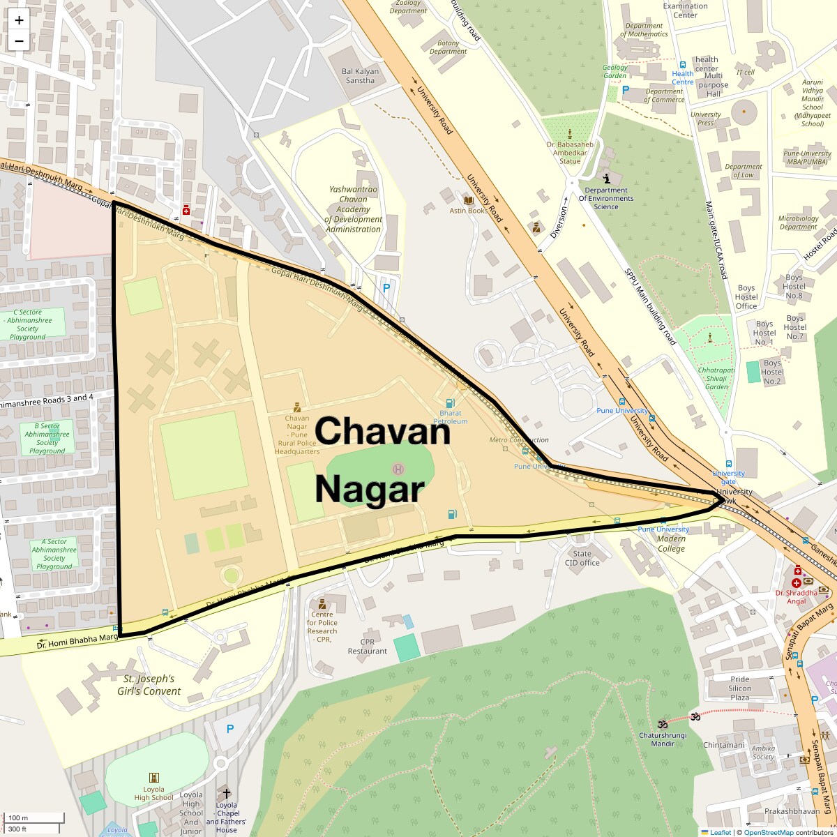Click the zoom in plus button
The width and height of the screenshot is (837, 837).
[x=19, y=20]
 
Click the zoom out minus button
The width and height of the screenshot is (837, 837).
[x=19, y=41]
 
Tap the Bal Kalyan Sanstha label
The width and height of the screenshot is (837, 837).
[x=360, y=76]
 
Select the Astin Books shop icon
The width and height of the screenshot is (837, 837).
[x=468, y=200]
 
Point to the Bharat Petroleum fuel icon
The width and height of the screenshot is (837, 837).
[x=450, y=402]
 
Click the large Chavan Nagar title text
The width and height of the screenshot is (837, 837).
[x=382, y=460]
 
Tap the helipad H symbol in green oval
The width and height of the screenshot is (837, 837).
[x=398, y=469]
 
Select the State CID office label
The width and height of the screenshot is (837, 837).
[x=582, y=558]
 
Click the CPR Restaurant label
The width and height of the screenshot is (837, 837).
[x=367, y=647]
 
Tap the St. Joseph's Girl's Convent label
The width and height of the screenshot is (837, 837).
[x=149, y=685]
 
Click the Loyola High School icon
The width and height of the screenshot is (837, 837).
[x=154, y=778]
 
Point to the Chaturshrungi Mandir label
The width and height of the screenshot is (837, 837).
[x=663, y=739]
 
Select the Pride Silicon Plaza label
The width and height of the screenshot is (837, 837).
[x=740, y=688]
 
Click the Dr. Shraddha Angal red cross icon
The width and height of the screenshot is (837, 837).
[x=797, y=582]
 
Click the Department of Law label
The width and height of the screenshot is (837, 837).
[x=743, y=171]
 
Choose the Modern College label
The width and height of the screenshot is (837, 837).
[x=671, y=543]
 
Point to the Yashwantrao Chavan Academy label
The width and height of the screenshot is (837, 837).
[x=353, y=209]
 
